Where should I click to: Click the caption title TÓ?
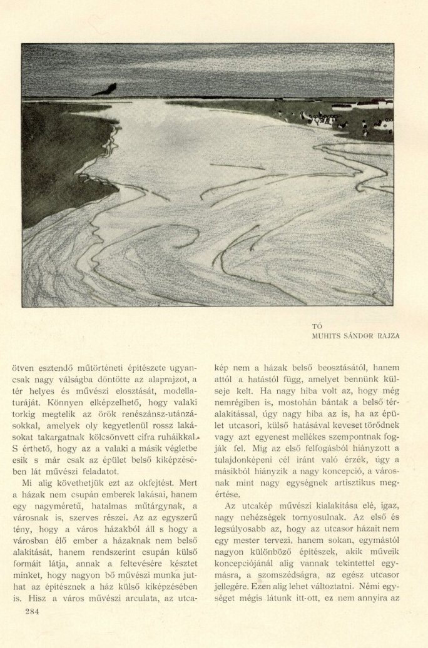point(315,325)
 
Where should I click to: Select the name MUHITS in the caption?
point(326,335)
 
